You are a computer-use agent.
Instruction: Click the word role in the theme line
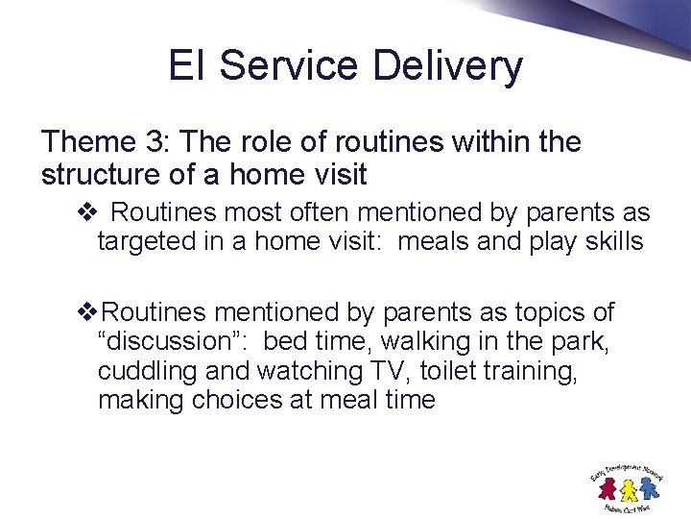click(x=252, y=143)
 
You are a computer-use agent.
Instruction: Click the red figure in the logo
click(x=607, y=489)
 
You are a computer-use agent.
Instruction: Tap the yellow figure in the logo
click(x=629, y=490)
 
